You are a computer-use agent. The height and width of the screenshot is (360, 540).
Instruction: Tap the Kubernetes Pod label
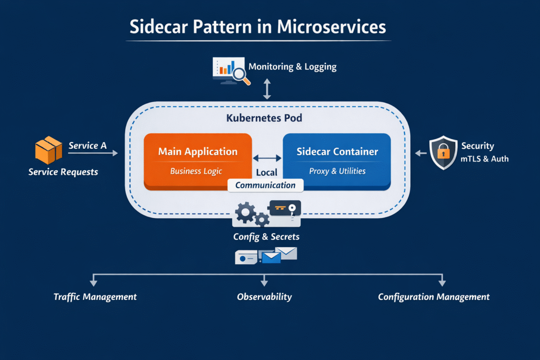(264, 118)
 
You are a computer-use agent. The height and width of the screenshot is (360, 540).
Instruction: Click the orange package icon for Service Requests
(48, 150)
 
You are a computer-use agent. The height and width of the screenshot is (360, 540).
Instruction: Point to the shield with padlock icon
(443, 153)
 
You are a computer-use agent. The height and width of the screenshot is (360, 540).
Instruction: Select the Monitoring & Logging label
(292, 67)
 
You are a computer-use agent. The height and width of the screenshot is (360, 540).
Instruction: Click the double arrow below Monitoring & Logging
(267, 89)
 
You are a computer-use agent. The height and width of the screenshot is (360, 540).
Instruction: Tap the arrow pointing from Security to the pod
(420, 153)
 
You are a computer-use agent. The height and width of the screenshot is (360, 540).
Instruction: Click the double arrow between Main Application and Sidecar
(267, 159)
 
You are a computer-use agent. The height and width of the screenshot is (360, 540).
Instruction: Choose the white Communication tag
(265, 185)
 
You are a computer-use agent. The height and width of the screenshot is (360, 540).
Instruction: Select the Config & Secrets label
(266, 236)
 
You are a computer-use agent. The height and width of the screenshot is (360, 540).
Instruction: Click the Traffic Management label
(95, 297)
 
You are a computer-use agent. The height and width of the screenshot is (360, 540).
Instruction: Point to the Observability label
(264, 297)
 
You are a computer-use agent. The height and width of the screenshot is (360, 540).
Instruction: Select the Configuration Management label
(433, 297)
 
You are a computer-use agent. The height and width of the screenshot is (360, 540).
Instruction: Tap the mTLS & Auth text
(485, 159)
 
